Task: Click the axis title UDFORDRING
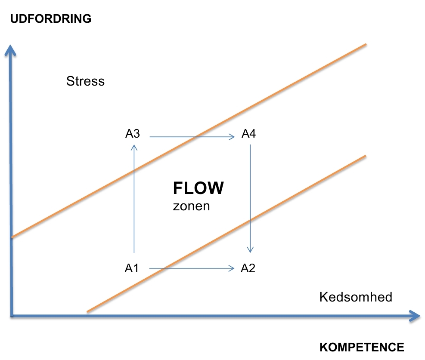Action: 51,19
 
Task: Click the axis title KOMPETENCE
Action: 362,347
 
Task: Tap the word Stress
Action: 85,81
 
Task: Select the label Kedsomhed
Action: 356,297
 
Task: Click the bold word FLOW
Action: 198,188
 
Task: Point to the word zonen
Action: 191,206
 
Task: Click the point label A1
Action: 132,268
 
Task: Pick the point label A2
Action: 248,268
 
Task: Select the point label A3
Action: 133,134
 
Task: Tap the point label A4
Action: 248,134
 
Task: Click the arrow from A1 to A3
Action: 134,198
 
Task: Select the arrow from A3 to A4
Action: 192,137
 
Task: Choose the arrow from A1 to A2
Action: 192,269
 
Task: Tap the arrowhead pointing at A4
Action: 232,137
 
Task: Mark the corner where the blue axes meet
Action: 11,316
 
